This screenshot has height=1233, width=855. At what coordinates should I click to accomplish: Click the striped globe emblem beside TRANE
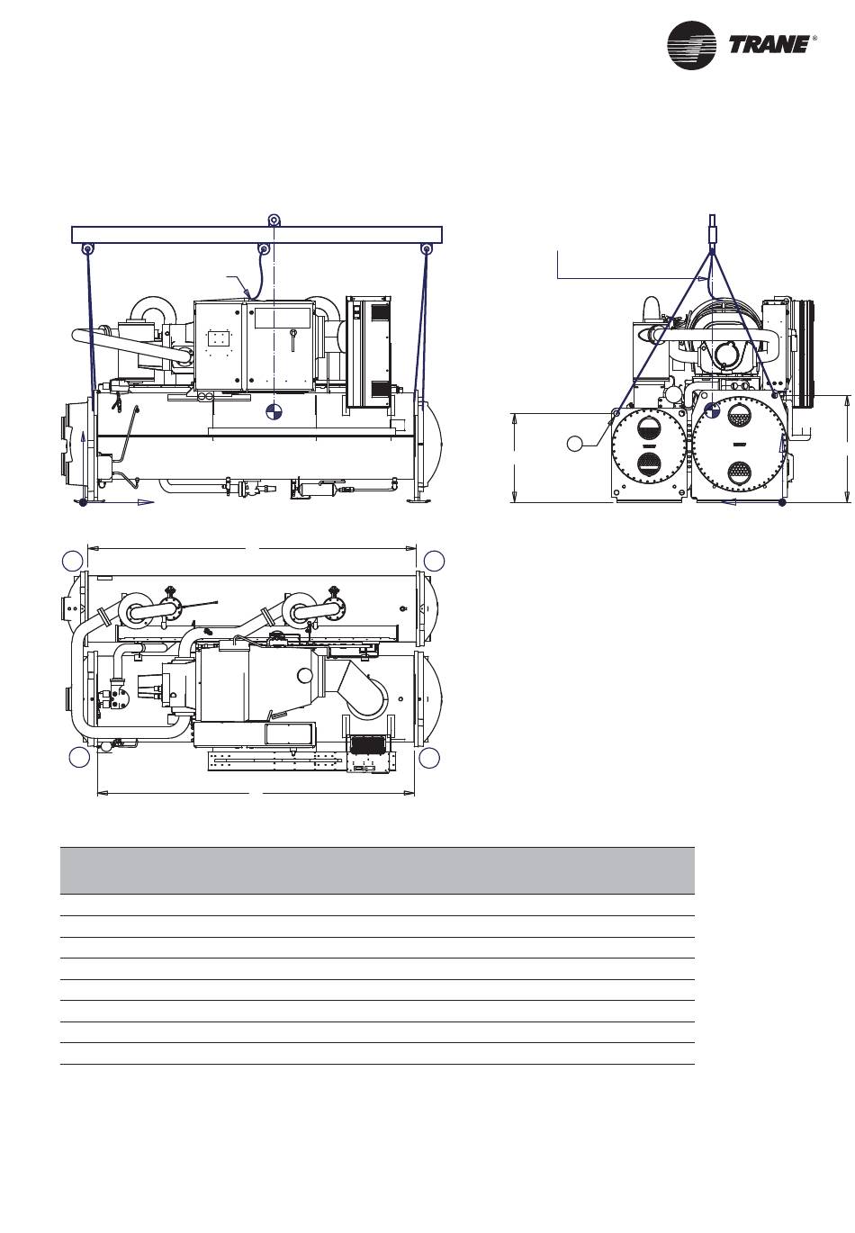(691, 45)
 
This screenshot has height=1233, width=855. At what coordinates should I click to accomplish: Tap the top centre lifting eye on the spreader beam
(273, 220)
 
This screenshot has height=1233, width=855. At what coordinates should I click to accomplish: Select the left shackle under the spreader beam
(87, 249)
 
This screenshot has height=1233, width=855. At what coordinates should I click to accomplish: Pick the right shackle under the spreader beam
(426, 249)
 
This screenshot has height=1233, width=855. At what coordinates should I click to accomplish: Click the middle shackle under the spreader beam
(265, 249)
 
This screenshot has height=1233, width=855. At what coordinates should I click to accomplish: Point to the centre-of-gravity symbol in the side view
(273, 411)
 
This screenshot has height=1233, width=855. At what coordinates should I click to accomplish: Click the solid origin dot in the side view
(83, 502)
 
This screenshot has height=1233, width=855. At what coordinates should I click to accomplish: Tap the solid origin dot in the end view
(782, 502)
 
